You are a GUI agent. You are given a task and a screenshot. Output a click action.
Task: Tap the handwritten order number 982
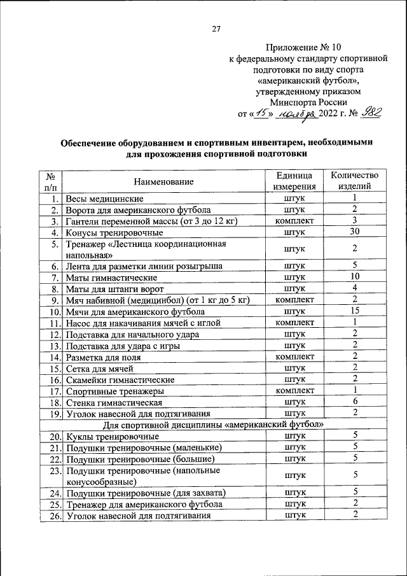[x=369, y=113]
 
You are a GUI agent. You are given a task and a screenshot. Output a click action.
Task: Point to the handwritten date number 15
[x=259, y=113]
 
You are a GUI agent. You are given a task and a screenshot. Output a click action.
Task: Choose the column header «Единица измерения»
[x=294, y=181]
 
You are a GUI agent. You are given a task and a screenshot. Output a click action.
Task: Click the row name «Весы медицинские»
[x=106, y=199]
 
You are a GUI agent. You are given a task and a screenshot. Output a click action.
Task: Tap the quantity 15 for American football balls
[x=355, y=311]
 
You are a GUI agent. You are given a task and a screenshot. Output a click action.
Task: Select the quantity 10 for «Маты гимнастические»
[x=355, y=277]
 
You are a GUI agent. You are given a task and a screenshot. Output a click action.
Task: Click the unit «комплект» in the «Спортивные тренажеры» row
[x=294, y=391]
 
